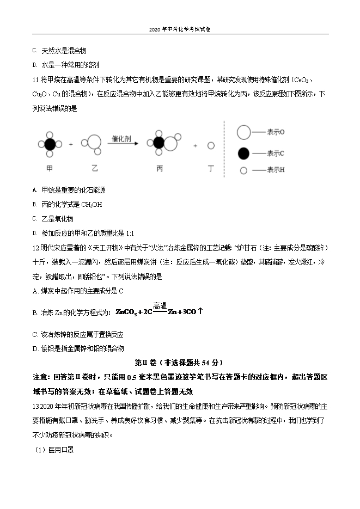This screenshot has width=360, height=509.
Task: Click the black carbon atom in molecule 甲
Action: pyautogui.click(x=50, y=145)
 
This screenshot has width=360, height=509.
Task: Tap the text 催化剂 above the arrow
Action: pyautogui.click(x=123, y=138)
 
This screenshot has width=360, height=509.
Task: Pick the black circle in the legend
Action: pyautogui.click(x=243, y=153)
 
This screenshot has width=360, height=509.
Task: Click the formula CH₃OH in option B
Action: pyautogui.click(x=91, y=205)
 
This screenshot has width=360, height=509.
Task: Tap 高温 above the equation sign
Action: pyautogui.click(x=160, y=305)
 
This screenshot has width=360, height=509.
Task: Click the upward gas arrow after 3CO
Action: pyautogui.click(x=200, y=311)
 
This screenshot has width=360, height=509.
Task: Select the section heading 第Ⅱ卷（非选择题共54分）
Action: pyautogui.click(x=179, y=362)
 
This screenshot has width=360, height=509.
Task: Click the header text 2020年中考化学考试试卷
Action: pyautogui.click(x=179, y=29)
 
